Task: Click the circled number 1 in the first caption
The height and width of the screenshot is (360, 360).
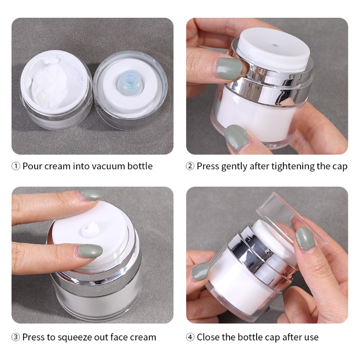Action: click(x=16, y=166)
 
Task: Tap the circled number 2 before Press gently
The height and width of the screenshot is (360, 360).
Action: click(x=190, y=166)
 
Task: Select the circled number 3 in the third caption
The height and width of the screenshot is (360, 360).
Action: click(x=16, y=337)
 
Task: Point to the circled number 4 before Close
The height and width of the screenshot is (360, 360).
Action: click(x=190, y=337)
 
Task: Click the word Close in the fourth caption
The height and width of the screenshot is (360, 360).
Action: click(x=208, y=337)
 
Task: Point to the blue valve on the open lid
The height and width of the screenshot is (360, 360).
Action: click(x=128, y=82)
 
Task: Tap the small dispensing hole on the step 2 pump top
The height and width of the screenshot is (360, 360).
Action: click(x=274, y=45)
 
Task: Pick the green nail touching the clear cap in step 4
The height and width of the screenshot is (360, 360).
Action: click(x=305, y=239)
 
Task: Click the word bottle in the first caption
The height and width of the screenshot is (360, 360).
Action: click(x=140, y=166)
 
